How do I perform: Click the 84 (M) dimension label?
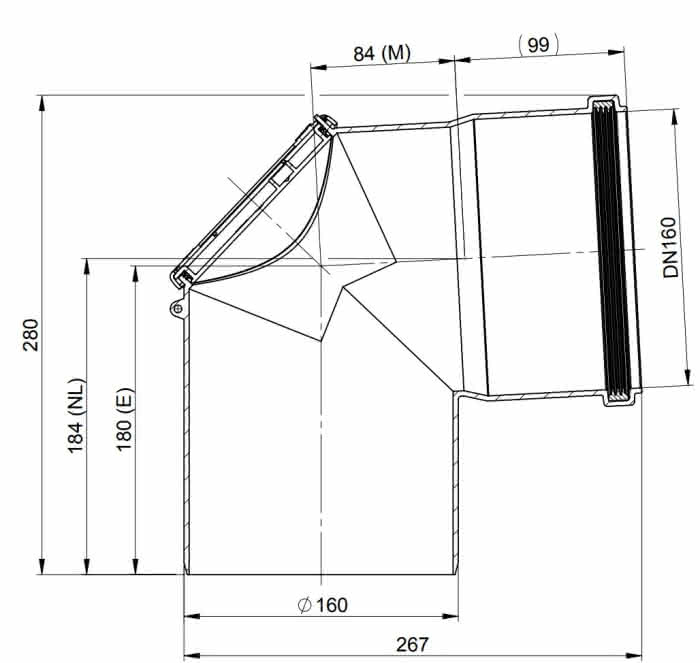pos(382,54)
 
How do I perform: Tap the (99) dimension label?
pos(538,45)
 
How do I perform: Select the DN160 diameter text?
pos(670,247)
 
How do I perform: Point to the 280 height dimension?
pos(31,334)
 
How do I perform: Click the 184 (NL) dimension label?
pos(76,416)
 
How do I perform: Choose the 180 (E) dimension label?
pos(125,419)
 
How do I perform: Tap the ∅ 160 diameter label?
pos(322,605)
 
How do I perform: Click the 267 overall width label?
pos(412,644)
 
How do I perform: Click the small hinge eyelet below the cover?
pos(178,308)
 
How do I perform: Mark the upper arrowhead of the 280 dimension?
pos(42,103)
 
